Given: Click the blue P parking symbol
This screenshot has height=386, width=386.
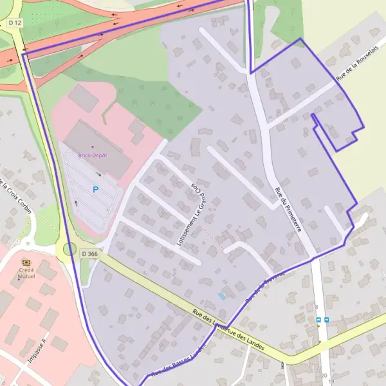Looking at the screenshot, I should [96, 190].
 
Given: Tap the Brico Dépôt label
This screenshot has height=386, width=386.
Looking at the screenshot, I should [93, 155].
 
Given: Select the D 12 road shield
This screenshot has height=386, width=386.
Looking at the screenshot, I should [15, 23].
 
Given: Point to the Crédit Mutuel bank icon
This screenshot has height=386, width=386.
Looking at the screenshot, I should [26, 262].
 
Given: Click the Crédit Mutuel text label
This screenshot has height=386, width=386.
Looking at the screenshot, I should [26, 273].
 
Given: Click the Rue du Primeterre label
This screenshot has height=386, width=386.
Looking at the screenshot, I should [287, 208].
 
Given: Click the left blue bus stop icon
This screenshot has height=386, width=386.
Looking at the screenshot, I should [318, 320].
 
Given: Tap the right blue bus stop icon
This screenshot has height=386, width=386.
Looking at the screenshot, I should [327, 320].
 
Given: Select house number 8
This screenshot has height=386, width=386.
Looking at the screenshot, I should [317, 308].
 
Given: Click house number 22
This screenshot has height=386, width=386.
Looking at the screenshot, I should [319, 367].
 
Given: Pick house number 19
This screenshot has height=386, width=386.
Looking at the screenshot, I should [331, 381].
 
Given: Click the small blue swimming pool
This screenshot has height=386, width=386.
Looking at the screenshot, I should [222, 295].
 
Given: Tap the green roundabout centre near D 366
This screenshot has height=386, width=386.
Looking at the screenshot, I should [69, 249].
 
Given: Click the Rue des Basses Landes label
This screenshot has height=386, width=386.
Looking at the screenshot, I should [178, 363].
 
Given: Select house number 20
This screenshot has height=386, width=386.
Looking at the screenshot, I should [324, 374].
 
